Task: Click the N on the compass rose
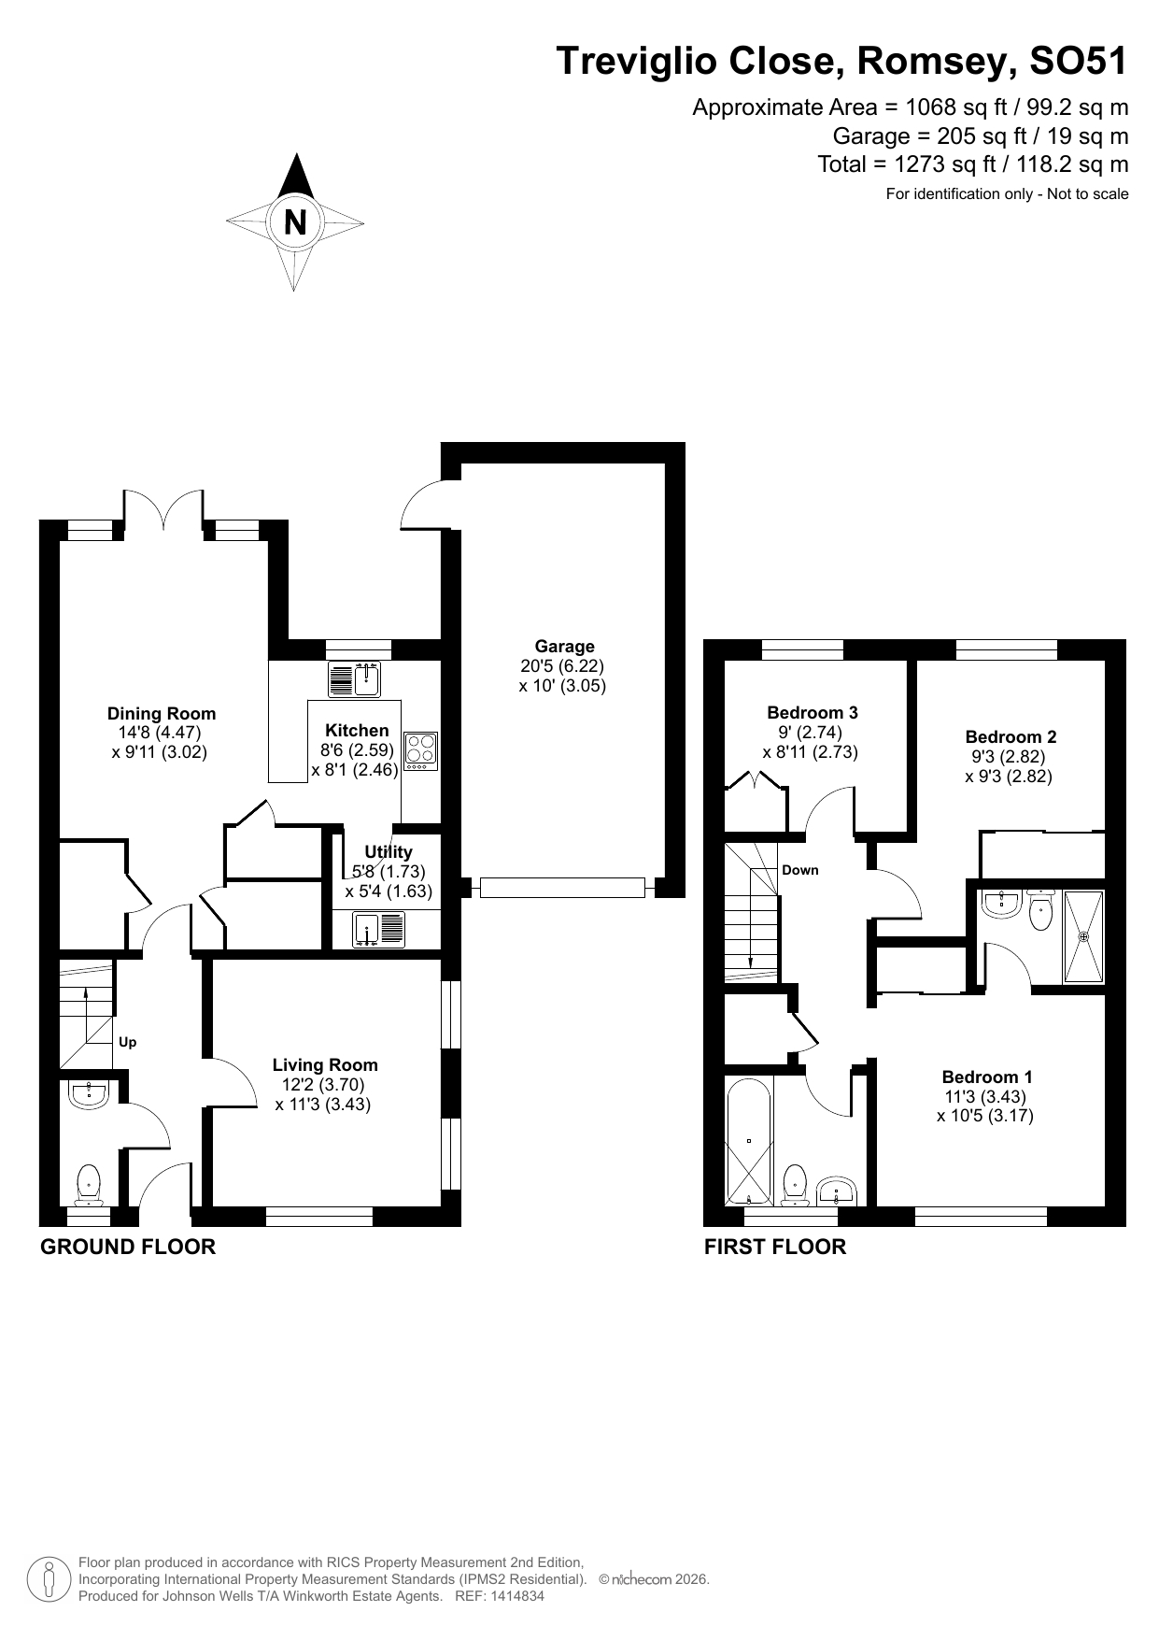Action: (295, 222)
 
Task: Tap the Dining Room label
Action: (162, 714)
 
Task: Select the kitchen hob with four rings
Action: (420, 750)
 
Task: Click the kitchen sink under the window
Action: (355, 679)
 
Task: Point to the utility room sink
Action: (379, 929)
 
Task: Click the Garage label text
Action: (564, 647)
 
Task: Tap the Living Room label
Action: (325, 1064)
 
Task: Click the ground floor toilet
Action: (89, 1184)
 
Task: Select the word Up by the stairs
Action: (128, 1042)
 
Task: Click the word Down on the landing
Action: (800, 870)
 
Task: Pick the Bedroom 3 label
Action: (813, 713)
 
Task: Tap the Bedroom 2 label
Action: (1011, 737)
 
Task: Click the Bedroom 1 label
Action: (987, 1077)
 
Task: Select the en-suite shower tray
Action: (1083, 936)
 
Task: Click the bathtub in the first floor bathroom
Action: (749, 1142)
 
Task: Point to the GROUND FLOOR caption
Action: (128, 1247)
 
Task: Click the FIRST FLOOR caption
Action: (775, 1247)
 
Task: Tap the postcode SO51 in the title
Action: (1078, 62)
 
